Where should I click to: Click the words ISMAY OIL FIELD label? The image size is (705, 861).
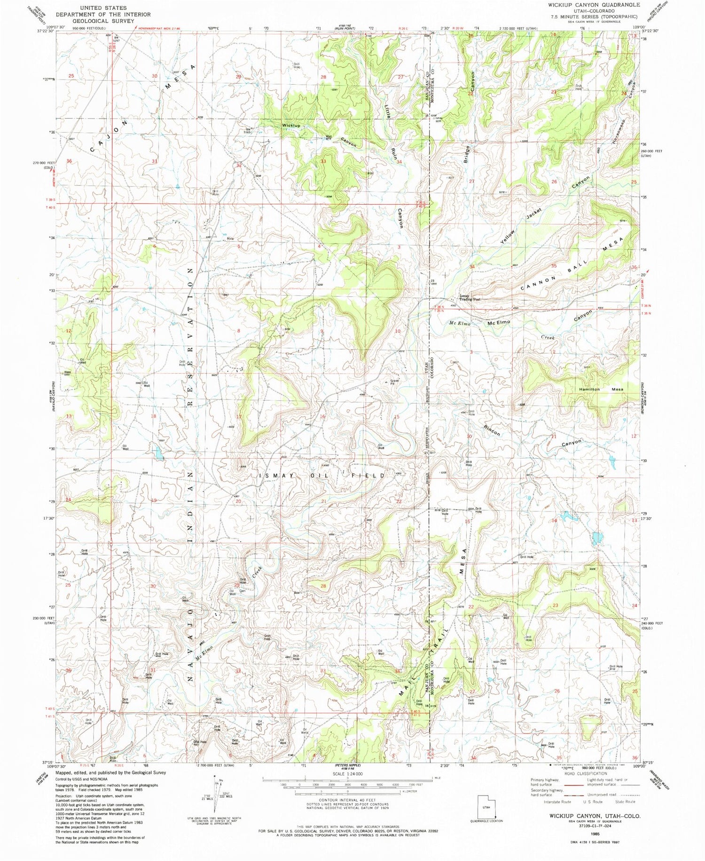322,476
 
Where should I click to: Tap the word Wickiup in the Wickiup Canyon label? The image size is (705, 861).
291,126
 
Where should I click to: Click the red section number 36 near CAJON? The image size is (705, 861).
69,161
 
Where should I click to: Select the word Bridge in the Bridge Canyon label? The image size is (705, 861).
466,153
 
